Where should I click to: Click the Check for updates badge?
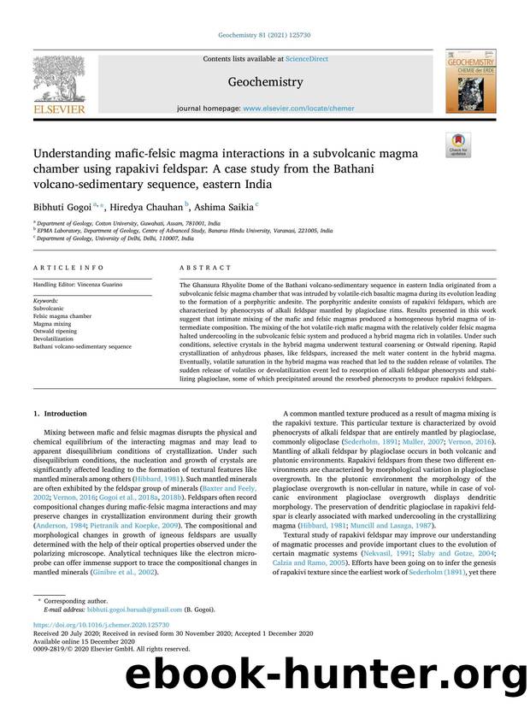click(459, 144)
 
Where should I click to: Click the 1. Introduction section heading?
click(62, 414)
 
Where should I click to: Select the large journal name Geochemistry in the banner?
click(264, 83)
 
